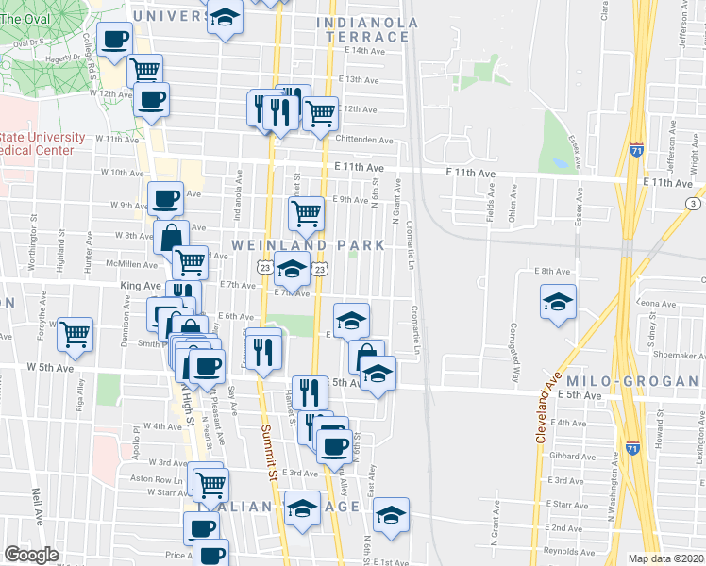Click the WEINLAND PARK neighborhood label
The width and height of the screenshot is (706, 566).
pyautogui.click(x=309, y=245)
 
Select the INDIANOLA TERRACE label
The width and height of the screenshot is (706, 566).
pyautogui.click(x=363, y=28)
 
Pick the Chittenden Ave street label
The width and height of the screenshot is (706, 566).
pyautogui.click(x=363, y=140)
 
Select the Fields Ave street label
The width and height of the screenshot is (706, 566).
pyautogui.click(x=490, y=205)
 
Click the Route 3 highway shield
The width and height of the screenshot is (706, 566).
pyautogui.click(x=694, y=204)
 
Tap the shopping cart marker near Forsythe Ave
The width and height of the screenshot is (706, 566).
pyautogui.click(x=75, y=333)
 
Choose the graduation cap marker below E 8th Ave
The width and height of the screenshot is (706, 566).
pyautogui.click(x=558, y=302)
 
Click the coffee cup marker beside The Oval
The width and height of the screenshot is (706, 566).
pyautogui.click(x=114, y=40)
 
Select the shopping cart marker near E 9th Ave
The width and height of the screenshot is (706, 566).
pyautogui.click(x=306, y=214)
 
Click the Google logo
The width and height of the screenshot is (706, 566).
pyautogui.click(x=31, y=555)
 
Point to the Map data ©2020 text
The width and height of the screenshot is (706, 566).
pyautogui.click(x=665, y=558)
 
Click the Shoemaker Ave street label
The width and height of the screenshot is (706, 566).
pyautogui.click(x=673, y=356)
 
